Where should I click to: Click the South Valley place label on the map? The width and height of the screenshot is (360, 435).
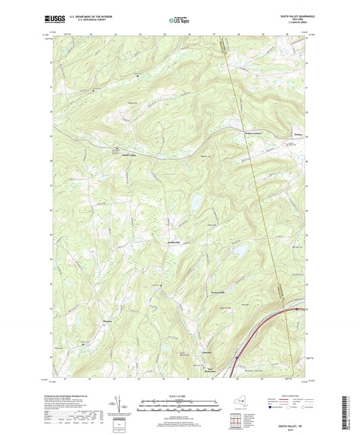[128, 155]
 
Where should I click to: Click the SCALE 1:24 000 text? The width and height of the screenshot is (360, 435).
[178, 396]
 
